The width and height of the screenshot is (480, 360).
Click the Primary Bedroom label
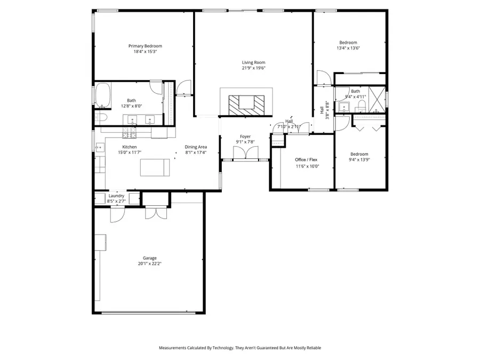point(145,46)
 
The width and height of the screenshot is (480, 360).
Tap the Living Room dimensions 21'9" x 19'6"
point(253,68)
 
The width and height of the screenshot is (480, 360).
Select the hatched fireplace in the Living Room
point(246,103)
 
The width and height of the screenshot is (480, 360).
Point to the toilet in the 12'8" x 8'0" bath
point(102,117)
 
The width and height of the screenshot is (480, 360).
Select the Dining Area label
point(196,147)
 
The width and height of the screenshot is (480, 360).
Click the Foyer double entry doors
point(246,154)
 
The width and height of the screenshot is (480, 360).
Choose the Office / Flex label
point(307,159)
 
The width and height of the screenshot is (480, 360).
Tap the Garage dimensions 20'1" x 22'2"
point(149,263)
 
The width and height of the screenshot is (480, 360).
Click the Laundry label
point(116,196)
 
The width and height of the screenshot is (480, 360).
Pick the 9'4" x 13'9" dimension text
point(359,159)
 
